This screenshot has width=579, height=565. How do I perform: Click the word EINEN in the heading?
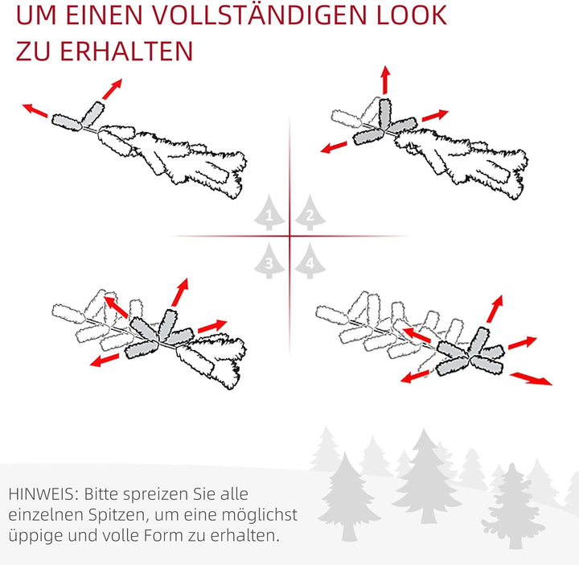tap(102, 15)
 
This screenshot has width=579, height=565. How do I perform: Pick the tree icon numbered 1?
tap(269, 213)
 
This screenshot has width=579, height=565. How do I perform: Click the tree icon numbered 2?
tap(309, 213)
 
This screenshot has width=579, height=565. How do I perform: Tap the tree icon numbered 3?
tap(269, 262)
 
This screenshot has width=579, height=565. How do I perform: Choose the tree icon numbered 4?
tap(309, 262)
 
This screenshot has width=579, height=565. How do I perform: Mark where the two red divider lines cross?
tap(289, 236)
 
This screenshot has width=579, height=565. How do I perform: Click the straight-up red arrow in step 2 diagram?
tap(384, 80)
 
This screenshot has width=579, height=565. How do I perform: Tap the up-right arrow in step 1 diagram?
tap(113, 88)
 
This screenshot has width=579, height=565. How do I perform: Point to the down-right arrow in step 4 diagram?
tap(532, 377)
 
